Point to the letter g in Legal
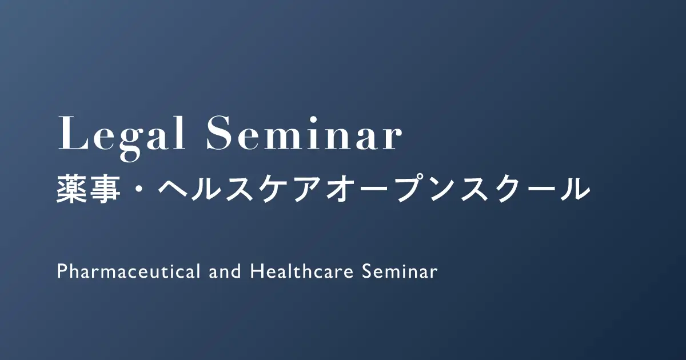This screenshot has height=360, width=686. (131, 144)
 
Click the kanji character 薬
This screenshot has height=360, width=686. (71, 189)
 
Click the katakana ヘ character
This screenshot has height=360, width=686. (173, 190)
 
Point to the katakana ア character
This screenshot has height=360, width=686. (308, 190)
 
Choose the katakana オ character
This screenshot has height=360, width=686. (341, 189)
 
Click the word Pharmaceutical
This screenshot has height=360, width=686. (129, 271)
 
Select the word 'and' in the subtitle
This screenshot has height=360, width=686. (225, 271)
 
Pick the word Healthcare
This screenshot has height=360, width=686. (302, 271)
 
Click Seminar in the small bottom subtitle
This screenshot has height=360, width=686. (400, 271)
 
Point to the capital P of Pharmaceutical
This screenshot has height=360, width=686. (62, 271)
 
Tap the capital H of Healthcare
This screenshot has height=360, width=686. (256, 271)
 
